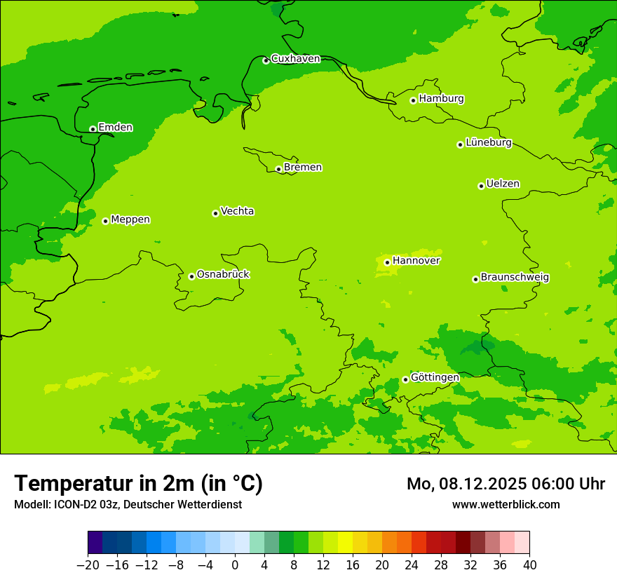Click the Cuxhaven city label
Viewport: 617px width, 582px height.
(295, 58)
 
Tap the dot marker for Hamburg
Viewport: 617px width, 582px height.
(414, 100)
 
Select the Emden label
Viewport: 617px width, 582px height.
(115, 127)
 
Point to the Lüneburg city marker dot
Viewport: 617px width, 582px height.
(460, 144)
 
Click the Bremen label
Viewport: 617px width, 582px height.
(302, 167)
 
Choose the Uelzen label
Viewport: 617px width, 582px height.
(503, 184)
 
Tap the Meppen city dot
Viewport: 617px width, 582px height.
(105, 221)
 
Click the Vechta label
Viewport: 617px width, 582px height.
(237, 211)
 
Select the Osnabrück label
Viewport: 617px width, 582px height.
(223, 274)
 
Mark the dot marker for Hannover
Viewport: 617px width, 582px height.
(387, 262)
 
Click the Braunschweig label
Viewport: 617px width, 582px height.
(515, 277)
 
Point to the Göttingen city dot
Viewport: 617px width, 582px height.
(405, 379)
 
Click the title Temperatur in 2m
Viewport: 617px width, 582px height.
(138, 483)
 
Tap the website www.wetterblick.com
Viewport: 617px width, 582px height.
(506, 504)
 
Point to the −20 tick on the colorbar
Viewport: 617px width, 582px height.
(88, 565)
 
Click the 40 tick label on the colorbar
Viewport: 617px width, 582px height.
(529, 565)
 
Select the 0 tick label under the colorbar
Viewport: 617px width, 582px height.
(235, 565)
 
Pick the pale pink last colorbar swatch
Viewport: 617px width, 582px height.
(522, 543)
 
